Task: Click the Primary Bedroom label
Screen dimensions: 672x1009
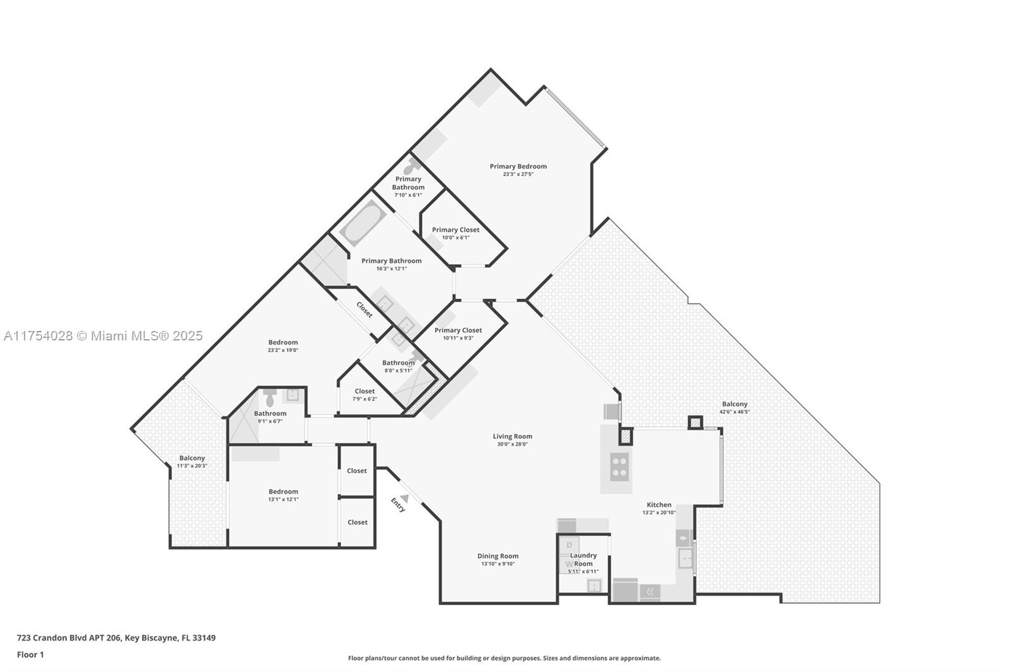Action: (518, 166)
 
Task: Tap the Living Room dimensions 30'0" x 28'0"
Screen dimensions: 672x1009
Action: (512, 444)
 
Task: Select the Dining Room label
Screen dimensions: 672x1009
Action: (498, 556)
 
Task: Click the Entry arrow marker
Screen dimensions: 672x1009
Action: (405, 498)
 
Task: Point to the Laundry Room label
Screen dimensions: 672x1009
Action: (583, 559)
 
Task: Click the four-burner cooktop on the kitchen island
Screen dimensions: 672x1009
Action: (619, 466)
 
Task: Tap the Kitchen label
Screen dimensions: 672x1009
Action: (659, 504)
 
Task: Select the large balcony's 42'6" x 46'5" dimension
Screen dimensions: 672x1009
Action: (735, 412)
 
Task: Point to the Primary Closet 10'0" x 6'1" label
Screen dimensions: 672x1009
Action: (455, 230)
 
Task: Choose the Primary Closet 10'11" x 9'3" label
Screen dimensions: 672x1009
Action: (458, 330)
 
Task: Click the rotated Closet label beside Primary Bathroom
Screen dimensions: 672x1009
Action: (365, 310)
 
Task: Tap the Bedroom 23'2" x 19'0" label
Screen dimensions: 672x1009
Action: (283, 342)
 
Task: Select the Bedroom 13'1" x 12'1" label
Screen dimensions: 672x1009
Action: (283, 492)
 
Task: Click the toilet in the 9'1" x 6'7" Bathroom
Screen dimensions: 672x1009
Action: (271, 398)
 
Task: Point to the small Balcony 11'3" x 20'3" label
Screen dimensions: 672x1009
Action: (192, 458)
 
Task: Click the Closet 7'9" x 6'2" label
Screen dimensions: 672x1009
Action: (365, 391)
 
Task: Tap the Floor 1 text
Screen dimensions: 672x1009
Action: (30, 654)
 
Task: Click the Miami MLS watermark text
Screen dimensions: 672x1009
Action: (103, 336)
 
